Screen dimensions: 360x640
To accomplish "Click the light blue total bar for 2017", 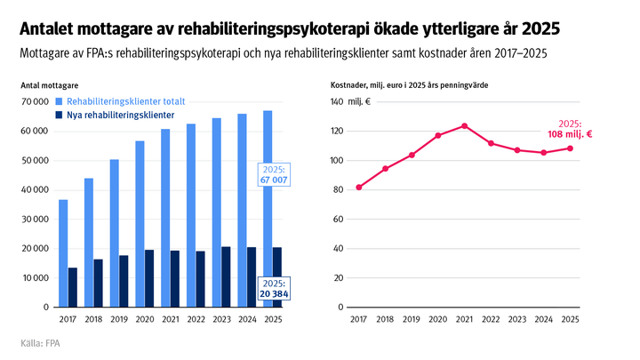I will (x=63, y=253).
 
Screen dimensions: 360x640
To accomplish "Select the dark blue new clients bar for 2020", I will (x=149, y=278).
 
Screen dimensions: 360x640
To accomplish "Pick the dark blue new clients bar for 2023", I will (x=226, y=276).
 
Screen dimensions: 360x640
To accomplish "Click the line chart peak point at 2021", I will (x=464, y=125).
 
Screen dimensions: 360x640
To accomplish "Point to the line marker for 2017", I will (x=358, y=188).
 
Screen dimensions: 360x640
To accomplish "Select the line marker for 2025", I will (x=570, y=148).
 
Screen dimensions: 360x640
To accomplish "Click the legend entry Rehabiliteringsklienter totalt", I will (x=117, y=102).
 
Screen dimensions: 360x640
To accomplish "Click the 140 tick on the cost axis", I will (x=337, y=102).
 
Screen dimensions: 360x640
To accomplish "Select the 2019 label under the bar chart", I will (x=119, y=318).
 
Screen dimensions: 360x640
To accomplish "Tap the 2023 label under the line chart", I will (x=517, y=318).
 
